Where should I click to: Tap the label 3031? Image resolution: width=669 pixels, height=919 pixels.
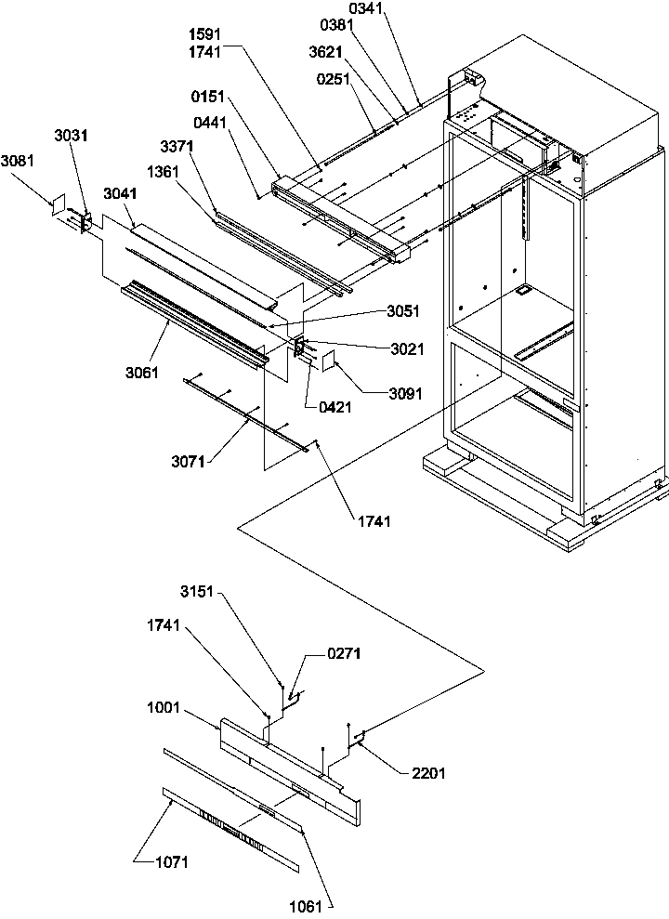(72, 136)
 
